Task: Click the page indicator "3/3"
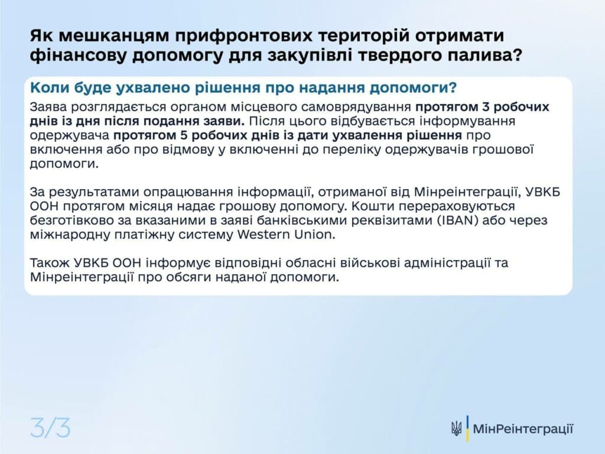click(50, 427)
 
